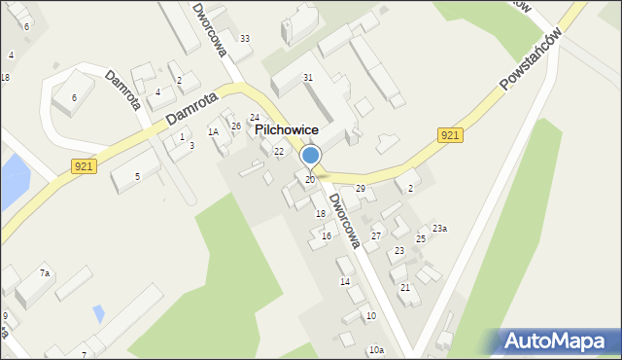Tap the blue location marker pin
(x=311, y=157)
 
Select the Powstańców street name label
(x=532, y=59)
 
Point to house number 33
(x=245, y=39)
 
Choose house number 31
(x=308, y=77)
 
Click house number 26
(x=236, y=126)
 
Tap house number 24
(x=255, y=118)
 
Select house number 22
(x=279, y=151)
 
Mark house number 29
(x=360, y=188)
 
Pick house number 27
(x=376, y=236)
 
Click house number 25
(x=421, y=238)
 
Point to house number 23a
(x=439, y=228)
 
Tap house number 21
(x=405, y=288)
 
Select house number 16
(x=327, y=236)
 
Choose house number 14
(x=344, y=282)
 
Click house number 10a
(x=376, y=349)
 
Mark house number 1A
(x=213, y=131)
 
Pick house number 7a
(x=45, y=274)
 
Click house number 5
(x=138, y=176)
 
